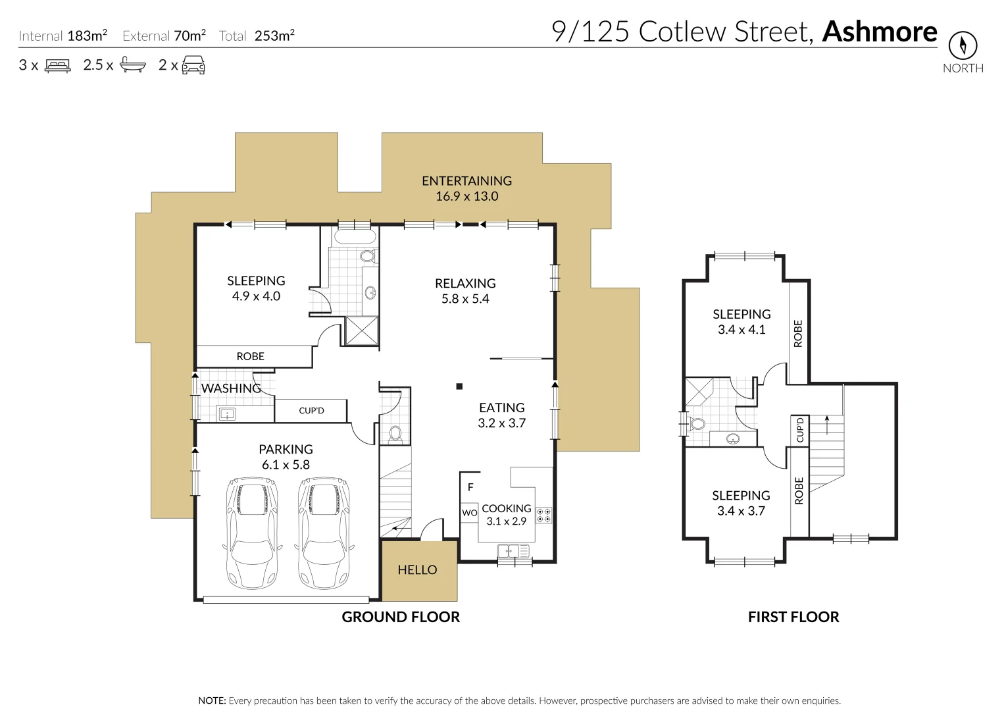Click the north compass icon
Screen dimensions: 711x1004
(x=963, y=45)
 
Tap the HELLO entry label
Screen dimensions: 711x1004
(x=417, y=570)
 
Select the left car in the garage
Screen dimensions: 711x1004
(x=251, y=533)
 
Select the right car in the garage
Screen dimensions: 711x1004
(x=324, y=533)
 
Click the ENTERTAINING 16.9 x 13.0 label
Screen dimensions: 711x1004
(x=466, y=188)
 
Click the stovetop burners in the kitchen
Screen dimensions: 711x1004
(x=543, y=515)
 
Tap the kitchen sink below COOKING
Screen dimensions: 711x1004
(x=513, y=550)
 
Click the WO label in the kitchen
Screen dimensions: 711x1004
(x=469, y=513)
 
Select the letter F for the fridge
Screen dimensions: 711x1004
(x=470, y=488)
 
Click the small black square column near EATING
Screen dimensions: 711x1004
(x=460, y=386)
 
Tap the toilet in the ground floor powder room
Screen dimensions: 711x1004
(x=395, y=433)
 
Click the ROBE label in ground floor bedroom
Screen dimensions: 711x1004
(x=250, y=356)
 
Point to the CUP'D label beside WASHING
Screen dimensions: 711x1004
(x=311, y=411)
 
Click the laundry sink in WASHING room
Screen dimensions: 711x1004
(x=226, y=414)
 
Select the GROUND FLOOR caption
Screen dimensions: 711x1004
(x=401, y=617)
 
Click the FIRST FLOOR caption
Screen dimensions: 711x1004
(x=793, y=617)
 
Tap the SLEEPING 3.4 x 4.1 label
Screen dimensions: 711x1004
(x=741, y=322)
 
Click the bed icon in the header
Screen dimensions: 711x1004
(x=57, y=66)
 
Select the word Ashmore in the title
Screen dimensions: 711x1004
(x=880, y=32)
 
